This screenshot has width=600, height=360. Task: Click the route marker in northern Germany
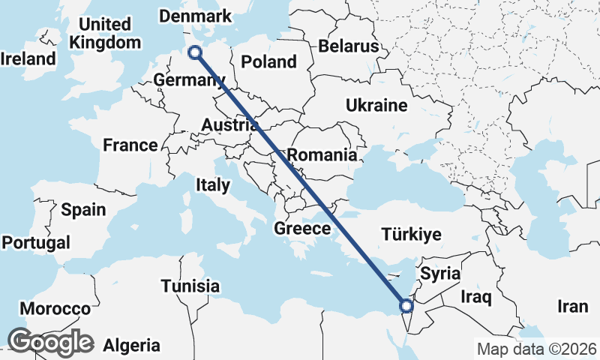click(x=195, y=52)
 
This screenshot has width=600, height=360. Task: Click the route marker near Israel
click(x=406, y=306)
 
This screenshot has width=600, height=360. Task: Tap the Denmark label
click(x=196, y=16)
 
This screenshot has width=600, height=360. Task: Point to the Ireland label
click(x=28, y=58)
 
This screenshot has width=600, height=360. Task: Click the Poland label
click(x=269, y=61)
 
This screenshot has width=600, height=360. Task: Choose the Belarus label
click(x=348, y=46)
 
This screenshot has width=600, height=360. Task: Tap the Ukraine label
click(x=376, y=106)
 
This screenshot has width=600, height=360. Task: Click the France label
click(x=130, y=145)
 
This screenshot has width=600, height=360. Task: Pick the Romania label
click(x=322, y=155)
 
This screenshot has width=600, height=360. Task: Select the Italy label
click(x=212, y=184)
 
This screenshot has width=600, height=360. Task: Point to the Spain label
click(x=83, y=210)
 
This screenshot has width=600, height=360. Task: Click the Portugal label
click(x=36, y=243)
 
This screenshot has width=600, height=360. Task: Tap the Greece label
click(x=303, y=229)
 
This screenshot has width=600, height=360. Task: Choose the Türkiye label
click(x=411, y=235)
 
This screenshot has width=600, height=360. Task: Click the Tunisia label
click(x=190, y=286)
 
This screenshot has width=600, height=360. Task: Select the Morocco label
click(x=55, y=309)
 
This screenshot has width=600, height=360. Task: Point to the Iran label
click(x=572, y=306)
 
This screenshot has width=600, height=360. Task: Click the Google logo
click(x=50, y=341)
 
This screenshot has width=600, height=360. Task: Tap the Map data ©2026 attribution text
click(x=536, y=349)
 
